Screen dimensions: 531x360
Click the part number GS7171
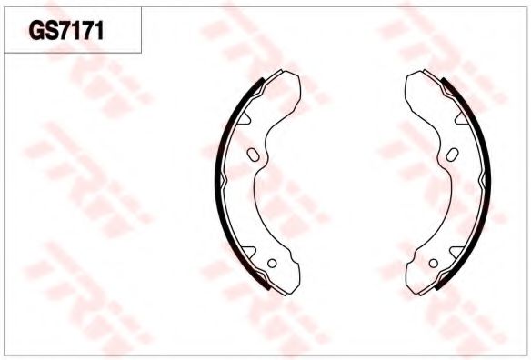click(x=66, y=31)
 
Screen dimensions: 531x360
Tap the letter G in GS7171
click(x=36, y=31)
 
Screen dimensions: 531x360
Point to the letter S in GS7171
click(x=52, y=31)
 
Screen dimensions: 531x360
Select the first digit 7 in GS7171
click(x=66, y=31)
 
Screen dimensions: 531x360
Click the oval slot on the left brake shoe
click(x=254, y=155)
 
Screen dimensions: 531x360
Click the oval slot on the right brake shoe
click(x=453, y=155)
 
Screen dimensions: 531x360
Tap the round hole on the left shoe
click(x=272, y=263)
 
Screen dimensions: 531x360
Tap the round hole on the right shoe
click(x=434, y=263)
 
